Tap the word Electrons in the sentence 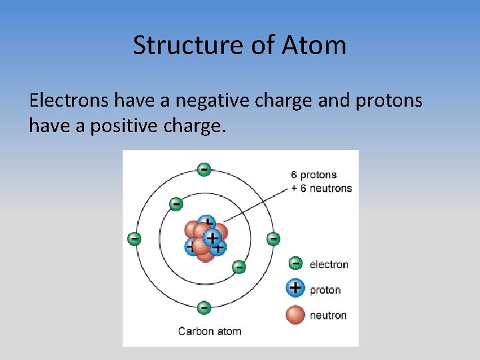(x=69, y=101)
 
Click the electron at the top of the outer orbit (x=204, y=169)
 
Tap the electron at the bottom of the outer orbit (x=204, y=308)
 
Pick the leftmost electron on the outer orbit (x=135, y=238)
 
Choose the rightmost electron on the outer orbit (x=273, y=238)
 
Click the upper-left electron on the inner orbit (x=175, y=203)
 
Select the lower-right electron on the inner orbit (x=239, y=267)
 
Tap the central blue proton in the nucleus (x=212, y=237)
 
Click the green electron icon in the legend (x=295, y=264)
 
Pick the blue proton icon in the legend (x=295, y=289)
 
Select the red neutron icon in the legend (x=295, y=314)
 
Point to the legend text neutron (x=328, y=315)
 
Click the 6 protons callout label (x=313, y=175)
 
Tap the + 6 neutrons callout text (x=321, y=188)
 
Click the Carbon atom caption (x=209, y=331)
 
